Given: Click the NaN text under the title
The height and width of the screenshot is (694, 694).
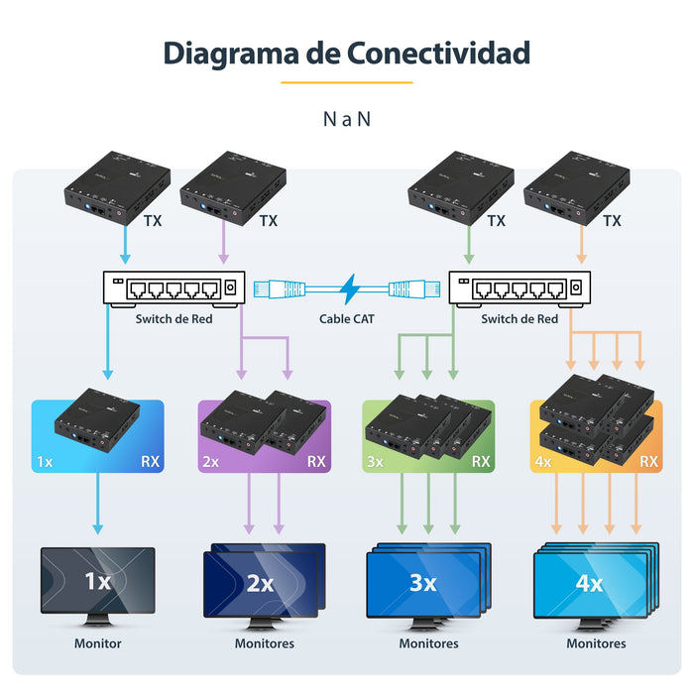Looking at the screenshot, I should click(347, 119).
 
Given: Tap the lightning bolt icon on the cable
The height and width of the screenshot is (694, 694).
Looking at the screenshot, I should click(347, 289).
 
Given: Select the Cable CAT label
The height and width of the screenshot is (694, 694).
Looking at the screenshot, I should click(347, 319).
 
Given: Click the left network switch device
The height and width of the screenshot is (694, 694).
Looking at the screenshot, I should click(173, 289).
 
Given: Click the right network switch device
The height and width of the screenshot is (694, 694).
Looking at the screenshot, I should click(520, 289).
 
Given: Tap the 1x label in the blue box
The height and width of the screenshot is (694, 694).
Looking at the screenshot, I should click(45, 461).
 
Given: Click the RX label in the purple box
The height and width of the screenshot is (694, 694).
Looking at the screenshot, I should click(316, 461).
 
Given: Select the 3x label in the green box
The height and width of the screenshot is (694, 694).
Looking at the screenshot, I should click(375, 461).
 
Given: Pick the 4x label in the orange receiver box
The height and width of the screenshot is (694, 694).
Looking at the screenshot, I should click(542, 461).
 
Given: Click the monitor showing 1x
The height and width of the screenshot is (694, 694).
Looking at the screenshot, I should click(97, 585).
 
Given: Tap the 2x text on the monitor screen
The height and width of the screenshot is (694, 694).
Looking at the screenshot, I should click(260, 584).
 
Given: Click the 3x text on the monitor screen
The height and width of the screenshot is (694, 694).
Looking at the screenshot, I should click(422, 584).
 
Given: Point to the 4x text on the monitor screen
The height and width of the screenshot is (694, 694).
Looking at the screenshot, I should click(589, 584).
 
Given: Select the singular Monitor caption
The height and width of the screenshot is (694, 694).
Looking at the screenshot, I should click(97, 643).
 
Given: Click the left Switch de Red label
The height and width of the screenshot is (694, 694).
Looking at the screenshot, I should click(173, 319).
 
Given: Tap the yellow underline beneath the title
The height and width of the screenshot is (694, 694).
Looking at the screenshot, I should click(347, 82).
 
